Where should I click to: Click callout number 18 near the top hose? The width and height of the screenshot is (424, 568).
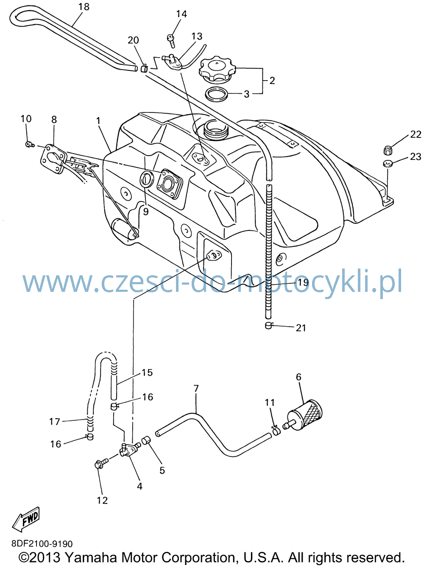pos(84,7)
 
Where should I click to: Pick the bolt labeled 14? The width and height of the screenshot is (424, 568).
pos(171,40)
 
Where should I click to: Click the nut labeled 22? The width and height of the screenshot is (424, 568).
pos(387,150)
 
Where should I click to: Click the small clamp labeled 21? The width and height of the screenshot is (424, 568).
pos(269,325)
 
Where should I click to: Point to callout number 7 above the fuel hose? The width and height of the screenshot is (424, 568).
pos(196,389)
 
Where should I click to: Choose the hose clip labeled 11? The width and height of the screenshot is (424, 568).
pos(276,431)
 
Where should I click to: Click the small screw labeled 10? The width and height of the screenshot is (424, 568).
pos(30,145)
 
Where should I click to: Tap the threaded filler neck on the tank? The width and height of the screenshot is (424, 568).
pos(215,130)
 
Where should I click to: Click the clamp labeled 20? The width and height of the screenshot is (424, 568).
pos(144,69)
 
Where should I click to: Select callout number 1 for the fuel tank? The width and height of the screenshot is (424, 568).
pos(98,121)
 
